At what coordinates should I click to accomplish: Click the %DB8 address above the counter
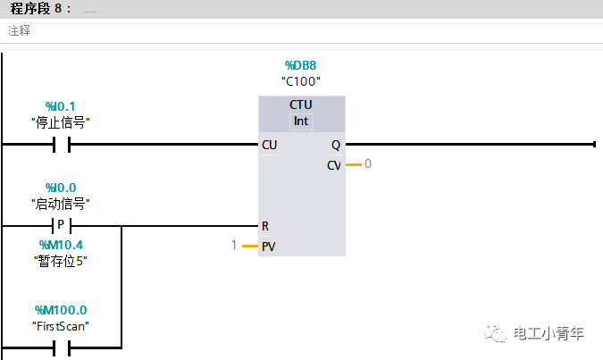[x=300, y=65]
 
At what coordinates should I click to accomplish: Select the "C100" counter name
[x=300, y=81]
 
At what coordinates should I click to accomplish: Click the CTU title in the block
[x=301, y=105]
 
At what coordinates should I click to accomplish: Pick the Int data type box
[x=301, y=121]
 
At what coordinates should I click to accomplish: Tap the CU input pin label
[x=269, y=145]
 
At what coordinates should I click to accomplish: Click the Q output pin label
[x=335, y=145]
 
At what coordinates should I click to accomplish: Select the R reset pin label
[x=265, y=226]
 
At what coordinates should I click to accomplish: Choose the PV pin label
[x=268, y=246]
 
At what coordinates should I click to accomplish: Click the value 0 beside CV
[x=367, y=164]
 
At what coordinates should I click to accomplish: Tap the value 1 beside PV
[x=234, y=245]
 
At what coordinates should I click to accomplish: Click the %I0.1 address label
[x=61, y=106]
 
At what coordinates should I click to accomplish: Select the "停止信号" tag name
[x=61, y=122]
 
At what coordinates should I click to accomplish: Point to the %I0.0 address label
[x=61, y=188]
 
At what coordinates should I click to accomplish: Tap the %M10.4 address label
[x=62, y=245]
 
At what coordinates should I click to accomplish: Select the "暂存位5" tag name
[x=62, y=261]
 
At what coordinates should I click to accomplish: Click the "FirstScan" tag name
[x=61, y=325]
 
